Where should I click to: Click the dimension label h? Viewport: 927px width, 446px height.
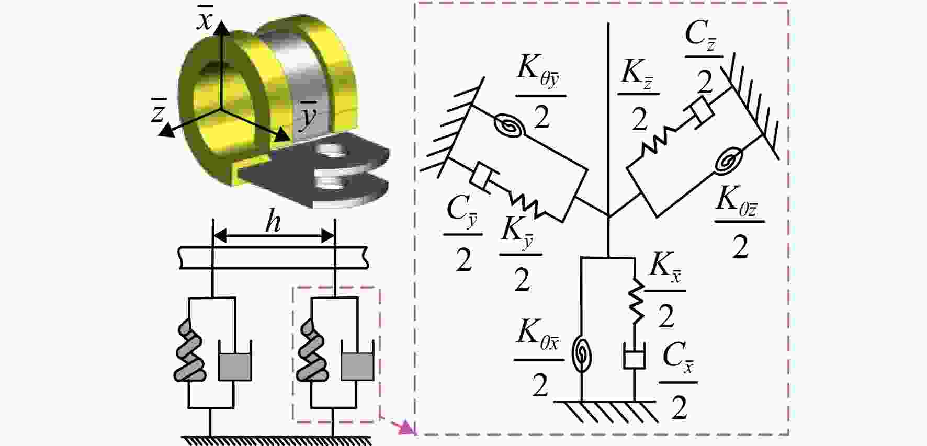273,222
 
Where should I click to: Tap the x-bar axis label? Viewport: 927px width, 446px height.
204,20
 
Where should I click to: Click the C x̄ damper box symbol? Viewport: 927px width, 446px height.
634,358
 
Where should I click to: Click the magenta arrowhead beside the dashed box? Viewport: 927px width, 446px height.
407,427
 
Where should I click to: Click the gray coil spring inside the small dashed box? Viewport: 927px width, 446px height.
310,350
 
